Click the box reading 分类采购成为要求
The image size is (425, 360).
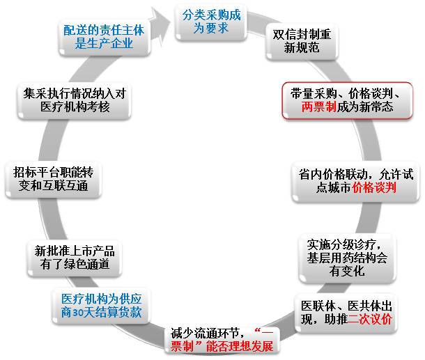pos(210,22)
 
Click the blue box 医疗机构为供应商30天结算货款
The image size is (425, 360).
pos(101,304)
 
